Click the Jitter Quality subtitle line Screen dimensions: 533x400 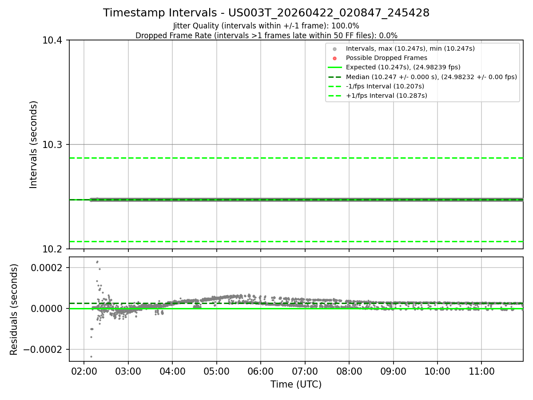266,26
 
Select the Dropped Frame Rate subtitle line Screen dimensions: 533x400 266,36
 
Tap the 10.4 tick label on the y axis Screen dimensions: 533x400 52,40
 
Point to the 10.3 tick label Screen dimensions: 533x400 52,144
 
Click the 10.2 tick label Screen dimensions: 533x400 52,249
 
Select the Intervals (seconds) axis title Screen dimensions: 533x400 33,144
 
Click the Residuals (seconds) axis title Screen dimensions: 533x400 14,309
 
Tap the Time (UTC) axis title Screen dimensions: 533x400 296,384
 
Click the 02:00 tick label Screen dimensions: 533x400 84,372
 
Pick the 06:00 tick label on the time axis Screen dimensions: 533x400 261,372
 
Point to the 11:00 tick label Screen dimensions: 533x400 481,372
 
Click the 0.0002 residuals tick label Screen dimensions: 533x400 47,268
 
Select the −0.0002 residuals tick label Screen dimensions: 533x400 43,349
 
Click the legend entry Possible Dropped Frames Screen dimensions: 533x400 386,58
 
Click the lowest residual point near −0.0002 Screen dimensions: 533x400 91,356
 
